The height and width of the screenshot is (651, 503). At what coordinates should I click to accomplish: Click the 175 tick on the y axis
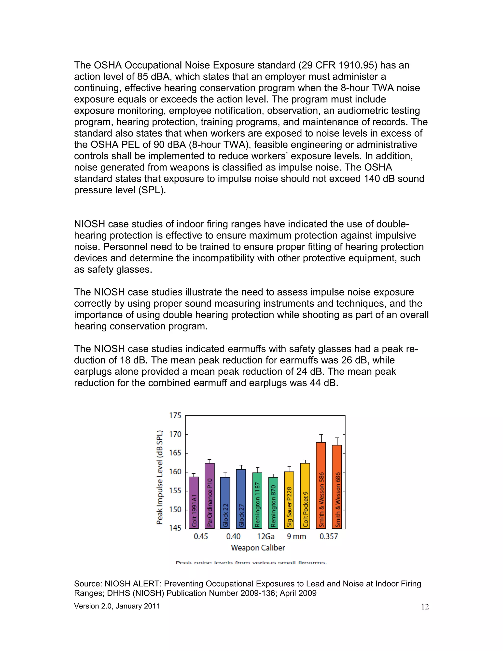175,415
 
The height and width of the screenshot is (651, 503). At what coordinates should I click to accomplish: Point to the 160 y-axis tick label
175,472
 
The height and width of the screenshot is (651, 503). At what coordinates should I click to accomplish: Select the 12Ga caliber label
265,537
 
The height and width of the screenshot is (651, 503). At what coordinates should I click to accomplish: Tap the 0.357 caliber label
329,537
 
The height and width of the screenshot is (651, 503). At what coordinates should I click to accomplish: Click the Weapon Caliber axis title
258,548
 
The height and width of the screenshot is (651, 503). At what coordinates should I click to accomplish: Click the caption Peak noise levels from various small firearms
251,563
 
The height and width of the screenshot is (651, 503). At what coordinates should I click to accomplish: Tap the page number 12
425,607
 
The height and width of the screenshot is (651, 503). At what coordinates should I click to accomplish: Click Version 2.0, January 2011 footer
117,606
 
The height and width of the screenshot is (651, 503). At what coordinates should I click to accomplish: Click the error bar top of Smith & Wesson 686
337,438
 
